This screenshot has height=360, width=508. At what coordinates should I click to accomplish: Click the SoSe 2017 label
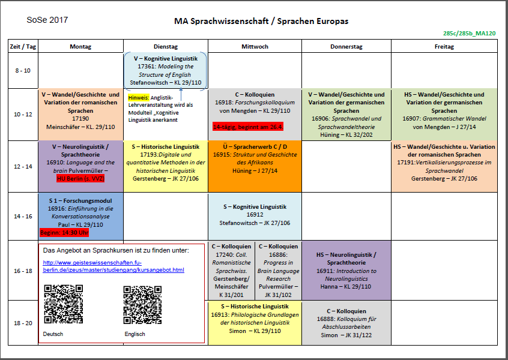47,20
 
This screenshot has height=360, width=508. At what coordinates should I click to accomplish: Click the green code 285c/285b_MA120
468,34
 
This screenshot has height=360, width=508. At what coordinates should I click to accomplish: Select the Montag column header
80,46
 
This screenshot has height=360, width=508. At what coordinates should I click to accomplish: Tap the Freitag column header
444,46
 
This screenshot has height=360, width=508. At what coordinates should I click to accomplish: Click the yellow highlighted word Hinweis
138,97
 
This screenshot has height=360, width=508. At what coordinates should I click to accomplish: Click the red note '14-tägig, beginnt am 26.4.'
248,127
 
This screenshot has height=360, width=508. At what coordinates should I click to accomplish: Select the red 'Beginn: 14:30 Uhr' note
64,233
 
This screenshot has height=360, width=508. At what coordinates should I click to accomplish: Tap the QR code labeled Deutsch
64,304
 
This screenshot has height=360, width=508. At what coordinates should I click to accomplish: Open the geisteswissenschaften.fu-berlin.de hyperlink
113,266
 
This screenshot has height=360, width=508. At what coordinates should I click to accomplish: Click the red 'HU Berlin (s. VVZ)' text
80,179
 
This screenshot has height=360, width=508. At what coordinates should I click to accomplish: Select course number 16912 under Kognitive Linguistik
255,215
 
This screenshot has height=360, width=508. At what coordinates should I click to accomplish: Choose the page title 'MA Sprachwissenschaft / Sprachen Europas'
261,22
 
